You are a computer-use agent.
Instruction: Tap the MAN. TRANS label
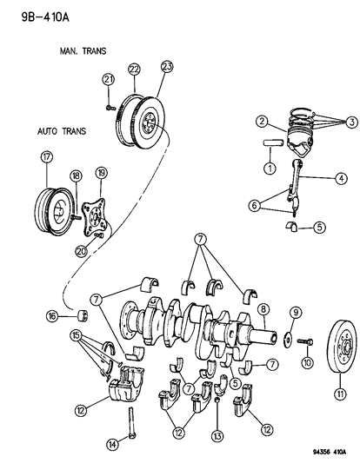83,51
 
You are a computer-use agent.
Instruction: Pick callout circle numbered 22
134,69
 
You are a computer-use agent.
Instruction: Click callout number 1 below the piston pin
270,167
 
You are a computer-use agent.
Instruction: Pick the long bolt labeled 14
131,420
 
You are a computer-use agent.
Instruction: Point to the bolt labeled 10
302,340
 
